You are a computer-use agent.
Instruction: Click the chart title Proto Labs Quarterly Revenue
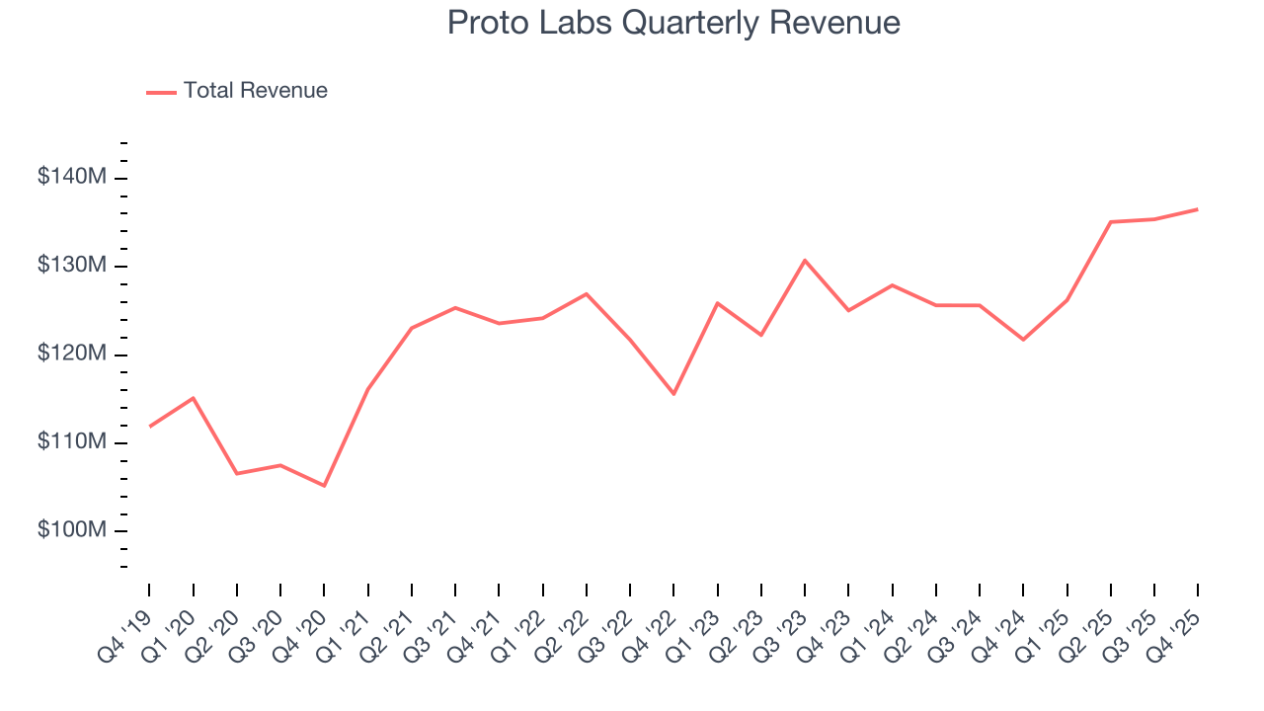pos(673,23)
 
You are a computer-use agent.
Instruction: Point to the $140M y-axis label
pos(72,178)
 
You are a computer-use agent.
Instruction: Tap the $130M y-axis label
pos(72,266)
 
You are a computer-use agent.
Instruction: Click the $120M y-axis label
pos(72,354)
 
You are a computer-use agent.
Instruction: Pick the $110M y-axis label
pos(72,441)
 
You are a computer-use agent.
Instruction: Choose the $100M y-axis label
pos(72,530)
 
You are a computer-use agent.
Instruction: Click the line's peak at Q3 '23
pos(805,260)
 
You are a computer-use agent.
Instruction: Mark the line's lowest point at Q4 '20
pos(324,486)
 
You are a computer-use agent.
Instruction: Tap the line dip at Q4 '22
pos(673,394)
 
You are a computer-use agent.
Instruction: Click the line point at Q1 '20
pos(193,398)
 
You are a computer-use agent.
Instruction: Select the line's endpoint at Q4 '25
pos(1198,209)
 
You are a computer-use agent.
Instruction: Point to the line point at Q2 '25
pos(1111,222)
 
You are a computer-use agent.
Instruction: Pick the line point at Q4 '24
pos(1023,340)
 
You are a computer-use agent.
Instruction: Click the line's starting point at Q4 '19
pos(149,427)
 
